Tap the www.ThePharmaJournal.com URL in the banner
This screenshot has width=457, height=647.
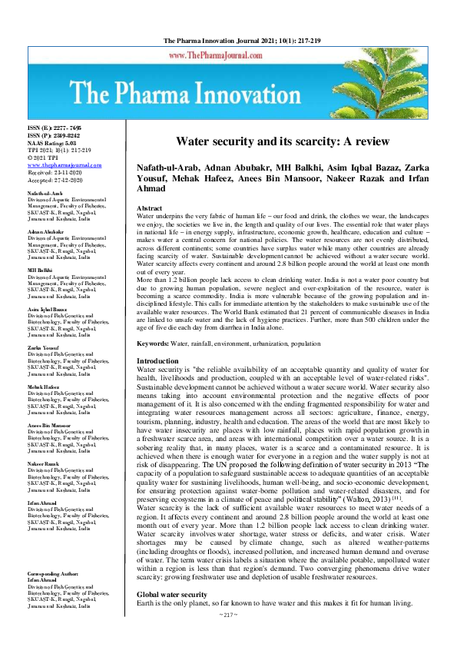click(x=230, y=56)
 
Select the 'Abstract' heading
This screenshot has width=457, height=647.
click(x=149, y=209)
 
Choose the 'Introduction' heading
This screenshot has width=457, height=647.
click(x=157, y=361)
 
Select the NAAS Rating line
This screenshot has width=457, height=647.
click(x=52, y=143)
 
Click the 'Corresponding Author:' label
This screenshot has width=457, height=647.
click(x=56, y=596)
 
